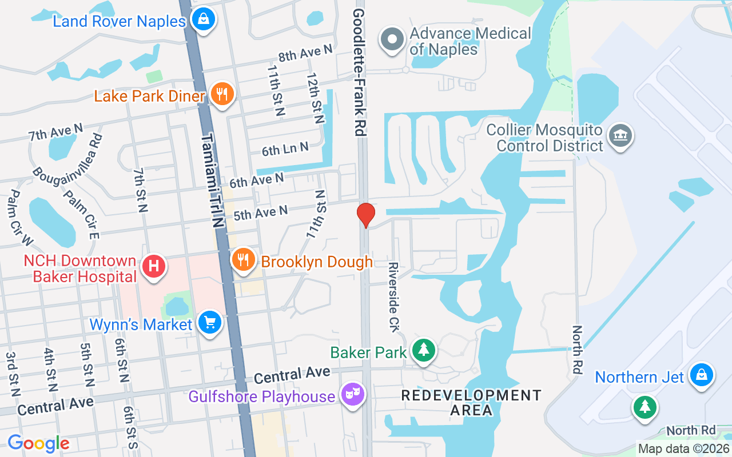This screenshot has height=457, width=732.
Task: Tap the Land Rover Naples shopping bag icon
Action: point(202,19)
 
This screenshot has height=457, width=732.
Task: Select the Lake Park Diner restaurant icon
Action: point(222,94)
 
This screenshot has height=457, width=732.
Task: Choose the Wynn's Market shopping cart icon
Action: point(210,323)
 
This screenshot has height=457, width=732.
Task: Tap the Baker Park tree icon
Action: point(424,350)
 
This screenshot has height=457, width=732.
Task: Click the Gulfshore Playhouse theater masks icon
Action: point(353,395)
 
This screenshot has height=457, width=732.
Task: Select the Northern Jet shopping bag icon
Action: point(701,375)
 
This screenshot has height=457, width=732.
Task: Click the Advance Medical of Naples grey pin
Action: point(392,40)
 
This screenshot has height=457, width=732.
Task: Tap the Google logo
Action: point(38,443)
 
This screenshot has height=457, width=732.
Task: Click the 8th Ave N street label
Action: point(305,53)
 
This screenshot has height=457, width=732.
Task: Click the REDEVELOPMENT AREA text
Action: point(471,402)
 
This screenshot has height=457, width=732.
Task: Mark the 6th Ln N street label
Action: point(285,150)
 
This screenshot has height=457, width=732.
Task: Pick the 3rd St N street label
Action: point(12,374)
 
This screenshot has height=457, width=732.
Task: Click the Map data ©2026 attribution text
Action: point(684,449)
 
